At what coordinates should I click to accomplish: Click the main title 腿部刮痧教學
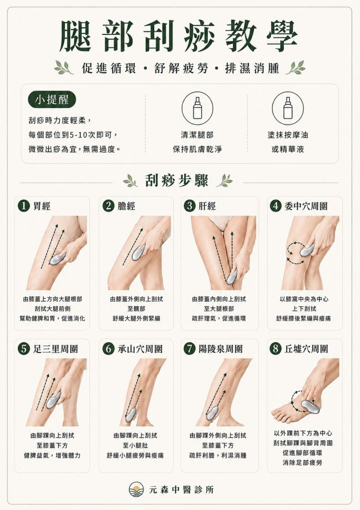pyautogui.click(x=178, y=36)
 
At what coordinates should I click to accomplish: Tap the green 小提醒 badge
pyautogui.click(x=52, y=100)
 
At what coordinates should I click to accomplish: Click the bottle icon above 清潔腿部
pyautogui.click(x=197, y=108)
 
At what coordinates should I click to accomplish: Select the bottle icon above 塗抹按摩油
pyautogui.click(x=288, y=108)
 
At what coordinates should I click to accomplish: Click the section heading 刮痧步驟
pyautogui.click(x=177, y=180)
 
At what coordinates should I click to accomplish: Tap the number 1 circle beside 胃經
pyautogui.click(x=24, y=206)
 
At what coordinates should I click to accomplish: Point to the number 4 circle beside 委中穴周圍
pyautogui.click(x=276, y=206)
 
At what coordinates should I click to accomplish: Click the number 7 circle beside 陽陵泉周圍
pyautogui.click(x=190, y=349)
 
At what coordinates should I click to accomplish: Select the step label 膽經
pyautogui.click(x=126, y=206)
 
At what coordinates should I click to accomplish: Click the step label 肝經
pyautogui.click(x=207, y=206)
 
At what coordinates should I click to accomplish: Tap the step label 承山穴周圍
pyautogui.click(x=140, y=349)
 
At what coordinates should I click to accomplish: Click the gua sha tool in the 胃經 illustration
pyautogui.click(x=57, y=258)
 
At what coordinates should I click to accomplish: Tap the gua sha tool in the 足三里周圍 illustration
pyautogui.click(x=53, y=400)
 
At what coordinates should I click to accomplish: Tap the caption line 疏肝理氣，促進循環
pyautogui.click(x=219, y=318)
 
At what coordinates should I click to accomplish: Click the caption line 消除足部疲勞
pyautogui.click(x=302, y=462)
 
